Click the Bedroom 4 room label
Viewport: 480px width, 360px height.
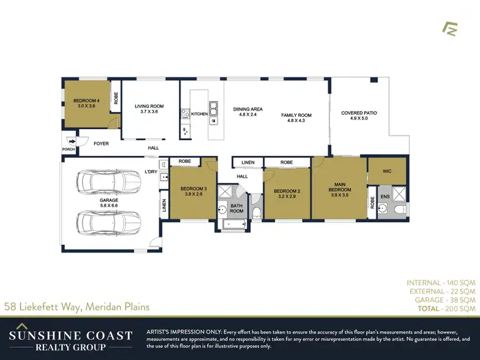[86, 103]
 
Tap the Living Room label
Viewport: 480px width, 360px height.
[148, 109]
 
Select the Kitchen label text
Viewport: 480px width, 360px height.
[199, 114]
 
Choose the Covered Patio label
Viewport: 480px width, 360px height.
[358, 115]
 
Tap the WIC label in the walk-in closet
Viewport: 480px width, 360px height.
[387, 171]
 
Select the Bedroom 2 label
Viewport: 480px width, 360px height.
[287, 193]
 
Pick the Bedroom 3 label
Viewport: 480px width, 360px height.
[193, 191]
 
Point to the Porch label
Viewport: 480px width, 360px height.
[68, 150]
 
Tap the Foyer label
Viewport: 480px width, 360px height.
[101, 144]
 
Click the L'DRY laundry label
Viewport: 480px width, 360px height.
[151, 171]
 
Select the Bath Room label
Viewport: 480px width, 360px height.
[237, 208]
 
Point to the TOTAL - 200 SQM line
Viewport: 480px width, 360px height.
[442, 308]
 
